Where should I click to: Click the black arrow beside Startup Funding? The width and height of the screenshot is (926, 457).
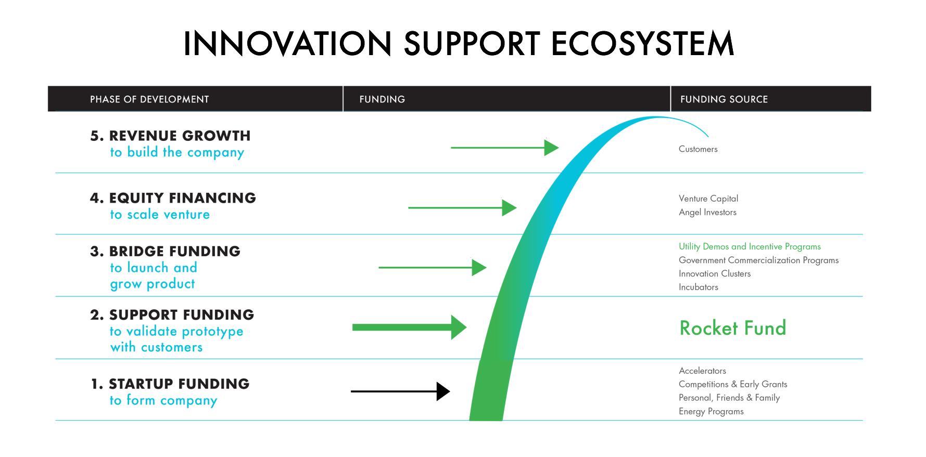(400, 391)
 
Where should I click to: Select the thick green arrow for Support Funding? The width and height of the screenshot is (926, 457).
(409, 327)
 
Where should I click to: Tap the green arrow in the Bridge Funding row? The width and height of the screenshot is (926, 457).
(433, 267)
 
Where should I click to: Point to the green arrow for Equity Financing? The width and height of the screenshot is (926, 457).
(462, 207)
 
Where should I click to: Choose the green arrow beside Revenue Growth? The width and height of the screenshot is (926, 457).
(505, 148)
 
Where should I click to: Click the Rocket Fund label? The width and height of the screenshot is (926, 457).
(733, 328)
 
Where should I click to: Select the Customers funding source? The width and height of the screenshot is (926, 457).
(698, 149)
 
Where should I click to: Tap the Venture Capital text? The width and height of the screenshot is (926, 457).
(708, 199)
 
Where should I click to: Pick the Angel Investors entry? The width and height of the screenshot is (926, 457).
(707, 212)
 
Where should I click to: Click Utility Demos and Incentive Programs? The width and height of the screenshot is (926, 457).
(750, 246)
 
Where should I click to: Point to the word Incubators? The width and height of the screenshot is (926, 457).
(699, 287)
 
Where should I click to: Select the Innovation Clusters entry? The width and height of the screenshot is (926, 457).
(715, 273)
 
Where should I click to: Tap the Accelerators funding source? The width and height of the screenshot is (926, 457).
(702, 371)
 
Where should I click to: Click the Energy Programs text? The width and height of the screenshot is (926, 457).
(711, 411)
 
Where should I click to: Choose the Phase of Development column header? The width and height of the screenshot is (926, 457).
(149, 99)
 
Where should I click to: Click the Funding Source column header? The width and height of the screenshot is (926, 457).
(724, 99)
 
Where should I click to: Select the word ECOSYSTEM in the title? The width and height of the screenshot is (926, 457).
(642, 43)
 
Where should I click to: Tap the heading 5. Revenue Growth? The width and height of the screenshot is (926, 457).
(170, 136)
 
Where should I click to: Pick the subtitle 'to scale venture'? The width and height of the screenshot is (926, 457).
(160, 214)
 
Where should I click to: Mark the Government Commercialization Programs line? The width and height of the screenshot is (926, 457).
(758, 260)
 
